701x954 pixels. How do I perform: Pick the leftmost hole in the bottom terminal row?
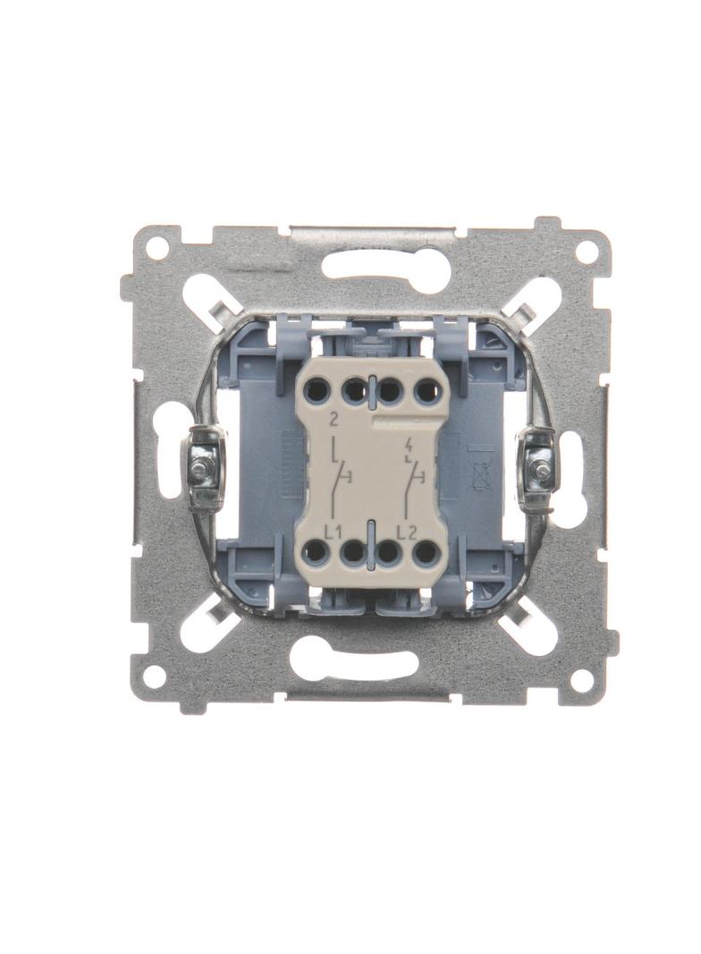317,552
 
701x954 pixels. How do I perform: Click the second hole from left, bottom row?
352,552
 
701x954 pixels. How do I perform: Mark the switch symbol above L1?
341,478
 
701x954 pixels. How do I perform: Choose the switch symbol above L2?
412,478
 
